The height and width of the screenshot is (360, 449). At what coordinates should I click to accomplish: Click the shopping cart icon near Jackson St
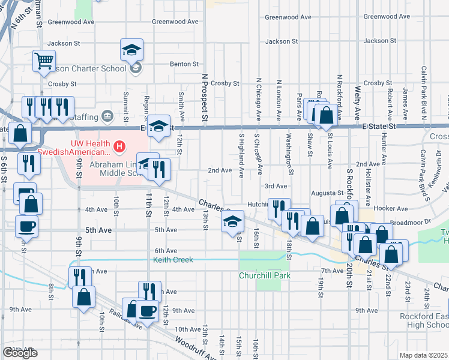click(x=44, y=61)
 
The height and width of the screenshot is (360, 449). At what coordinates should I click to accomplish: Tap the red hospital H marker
click(x=120, y=146)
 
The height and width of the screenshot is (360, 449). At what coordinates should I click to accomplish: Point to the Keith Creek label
click(x=173, y=260)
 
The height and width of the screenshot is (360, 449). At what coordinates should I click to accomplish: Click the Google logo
click(x=20, y=352)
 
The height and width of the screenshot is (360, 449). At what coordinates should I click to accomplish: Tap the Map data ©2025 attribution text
click(x=423, y=355)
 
